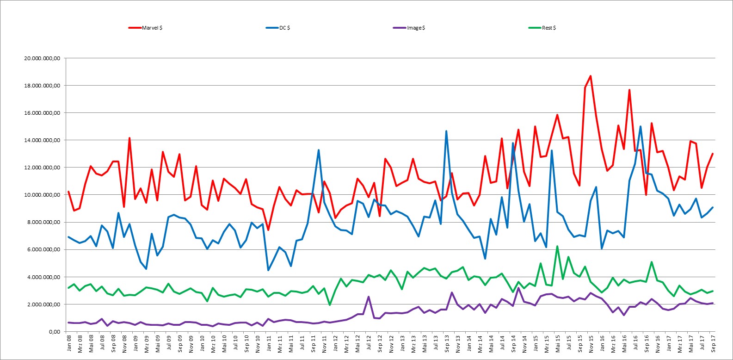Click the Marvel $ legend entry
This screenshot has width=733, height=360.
click(146, 28)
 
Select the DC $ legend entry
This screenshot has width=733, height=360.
click(278, 28)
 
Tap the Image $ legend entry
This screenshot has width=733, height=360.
click(409, 28)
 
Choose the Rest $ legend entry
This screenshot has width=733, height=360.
click(542, 28)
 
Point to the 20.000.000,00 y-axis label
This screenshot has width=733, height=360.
click(42, 58)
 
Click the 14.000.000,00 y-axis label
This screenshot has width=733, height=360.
click(42, 140)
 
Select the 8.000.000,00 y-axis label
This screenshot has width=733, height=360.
click(43, 222)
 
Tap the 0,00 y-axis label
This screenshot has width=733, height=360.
click(55, 332)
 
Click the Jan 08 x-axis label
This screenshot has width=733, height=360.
click(69, 343)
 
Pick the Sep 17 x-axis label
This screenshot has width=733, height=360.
click(713, 343)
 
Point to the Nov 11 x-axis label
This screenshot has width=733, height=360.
click(324, 343)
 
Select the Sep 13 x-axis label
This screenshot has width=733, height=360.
click(447, 343)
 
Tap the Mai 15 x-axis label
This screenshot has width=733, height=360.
click(558, 343)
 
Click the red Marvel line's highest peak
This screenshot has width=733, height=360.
click(591, 76)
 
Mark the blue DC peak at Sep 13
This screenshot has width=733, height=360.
click(446, 131)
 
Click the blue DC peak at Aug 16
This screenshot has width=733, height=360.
click(641, 126)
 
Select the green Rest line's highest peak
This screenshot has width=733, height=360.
click(557, 246)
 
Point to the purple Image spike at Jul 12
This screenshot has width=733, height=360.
click(369, 297)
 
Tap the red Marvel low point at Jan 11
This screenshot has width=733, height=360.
click(268, 230)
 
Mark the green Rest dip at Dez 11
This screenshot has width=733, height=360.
click(330, 305)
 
